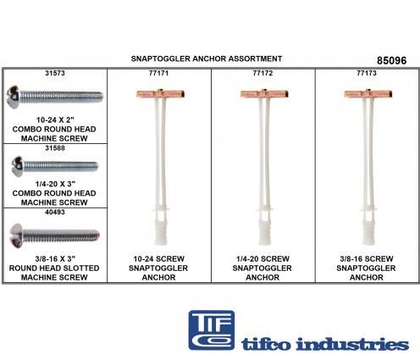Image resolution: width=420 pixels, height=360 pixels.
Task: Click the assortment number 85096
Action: click(x=391, y=61)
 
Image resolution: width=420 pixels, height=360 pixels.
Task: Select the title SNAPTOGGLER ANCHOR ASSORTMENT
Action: click(x=207, y=58)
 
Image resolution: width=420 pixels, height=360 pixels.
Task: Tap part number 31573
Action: click(x=55, y=73)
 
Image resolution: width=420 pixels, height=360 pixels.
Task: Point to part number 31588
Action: click(x=55, y=148)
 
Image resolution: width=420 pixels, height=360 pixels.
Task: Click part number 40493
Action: click(x=55, y=212)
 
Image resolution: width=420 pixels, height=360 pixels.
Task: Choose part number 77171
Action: click(x=158, y=73)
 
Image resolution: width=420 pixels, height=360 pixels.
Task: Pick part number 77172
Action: click(x=262, y=73)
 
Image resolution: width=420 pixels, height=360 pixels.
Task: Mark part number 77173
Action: click(x=367, y=73)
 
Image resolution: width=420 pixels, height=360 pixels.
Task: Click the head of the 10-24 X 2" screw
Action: click(x=13, y=97)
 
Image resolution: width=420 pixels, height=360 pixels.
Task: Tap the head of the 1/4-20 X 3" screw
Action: click(x=18, y=166)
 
